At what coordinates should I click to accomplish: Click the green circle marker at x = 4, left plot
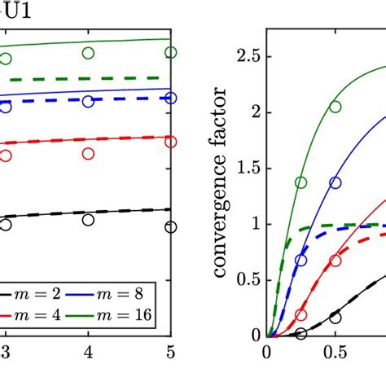click(x=88, y=53)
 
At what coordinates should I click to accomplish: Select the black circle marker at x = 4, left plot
click(x=88, y=220)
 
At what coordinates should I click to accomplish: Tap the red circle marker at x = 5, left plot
click(x=170, y=142)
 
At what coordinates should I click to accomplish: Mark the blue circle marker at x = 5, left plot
click(x=170, y=98)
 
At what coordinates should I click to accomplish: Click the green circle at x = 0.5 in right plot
click(x=336, y=107)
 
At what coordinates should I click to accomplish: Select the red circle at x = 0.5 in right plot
click(x=336, y=261)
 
